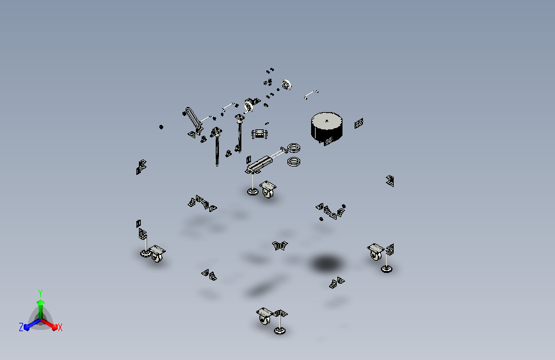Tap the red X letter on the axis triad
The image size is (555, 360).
[x=60, y=327]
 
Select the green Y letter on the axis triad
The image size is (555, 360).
[x=40, y=293]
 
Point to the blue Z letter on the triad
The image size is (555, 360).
[x=21, y=327]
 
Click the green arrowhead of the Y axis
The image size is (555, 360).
[x=40, y=302]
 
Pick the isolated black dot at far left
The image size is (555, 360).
[x=161, y=127]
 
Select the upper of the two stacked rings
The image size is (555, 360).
[x=294, y=147]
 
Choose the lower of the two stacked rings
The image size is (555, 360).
[x=294, y=162]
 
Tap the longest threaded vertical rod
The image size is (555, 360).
[x=216, y=149]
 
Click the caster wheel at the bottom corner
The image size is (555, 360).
[x=263, y=320]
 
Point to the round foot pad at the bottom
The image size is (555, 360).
[x=280, y=331]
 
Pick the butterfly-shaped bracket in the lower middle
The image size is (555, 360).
[x=280, y=245]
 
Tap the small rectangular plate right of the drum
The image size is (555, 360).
[x=359, y=123]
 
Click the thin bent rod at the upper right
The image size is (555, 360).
[x=310, y=94]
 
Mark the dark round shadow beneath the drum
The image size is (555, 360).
[x=326, y=263]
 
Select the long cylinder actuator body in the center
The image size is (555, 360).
[x=259, y=164]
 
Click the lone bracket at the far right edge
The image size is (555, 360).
[x=390, y=181]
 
